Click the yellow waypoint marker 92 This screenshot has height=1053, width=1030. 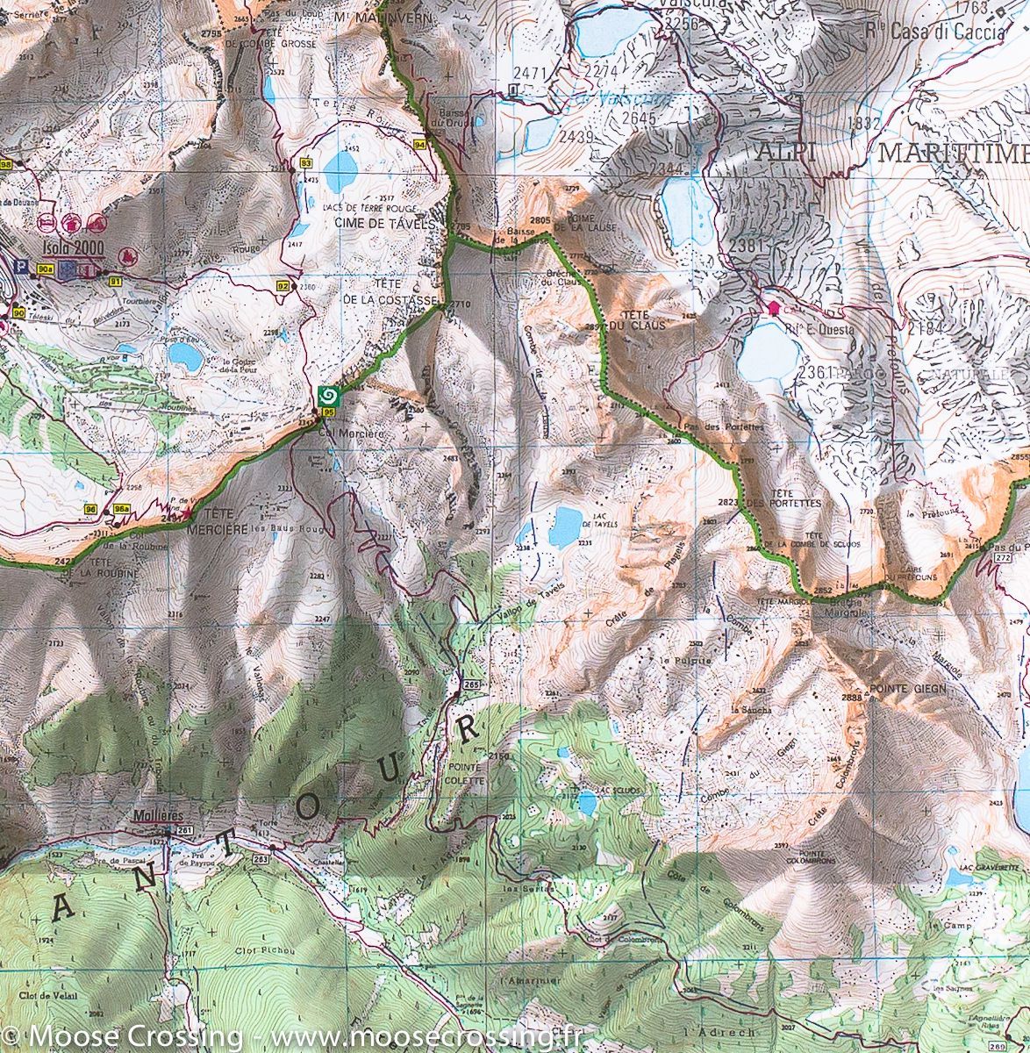click(x=283, y=285)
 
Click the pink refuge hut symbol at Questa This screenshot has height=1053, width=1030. click(x=773, y=307)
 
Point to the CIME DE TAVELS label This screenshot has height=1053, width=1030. click(x=384, y=225)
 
